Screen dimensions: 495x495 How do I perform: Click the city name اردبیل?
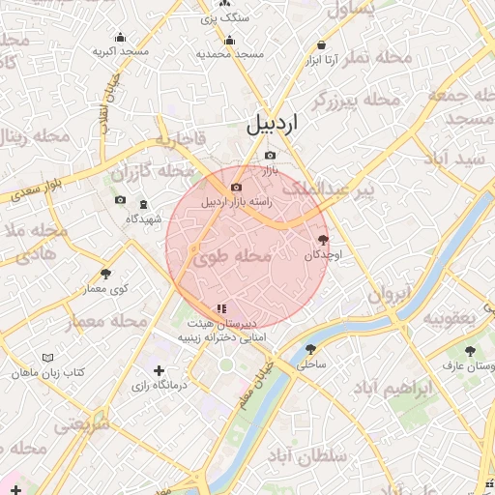[273, 124]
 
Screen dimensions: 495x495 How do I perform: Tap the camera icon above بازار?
[270, 156]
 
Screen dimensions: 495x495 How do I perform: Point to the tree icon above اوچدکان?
[323, 239]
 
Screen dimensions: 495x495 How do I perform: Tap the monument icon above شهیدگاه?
[143, 205]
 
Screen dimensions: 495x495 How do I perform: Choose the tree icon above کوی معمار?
[105, 274]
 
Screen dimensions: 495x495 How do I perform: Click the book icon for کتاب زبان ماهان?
[48, 358]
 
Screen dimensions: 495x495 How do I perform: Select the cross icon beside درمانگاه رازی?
[160, 370]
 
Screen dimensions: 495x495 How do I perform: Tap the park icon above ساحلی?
[310, 349]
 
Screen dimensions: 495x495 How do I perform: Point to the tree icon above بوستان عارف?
[470, 352]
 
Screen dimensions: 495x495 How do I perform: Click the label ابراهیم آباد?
[390, 390]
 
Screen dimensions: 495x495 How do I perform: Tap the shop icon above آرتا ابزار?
[321, 44]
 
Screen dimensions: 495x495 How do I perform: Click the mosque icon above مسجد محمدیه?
[229, 41]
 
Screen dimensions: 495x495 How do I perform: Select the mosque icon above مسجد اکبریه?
[120, 37]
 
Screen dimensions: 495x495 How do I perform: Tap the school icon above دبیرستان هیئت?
[222, 308]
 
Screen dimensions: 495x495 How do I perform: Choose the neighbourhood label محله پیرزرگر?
[356, 100]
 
